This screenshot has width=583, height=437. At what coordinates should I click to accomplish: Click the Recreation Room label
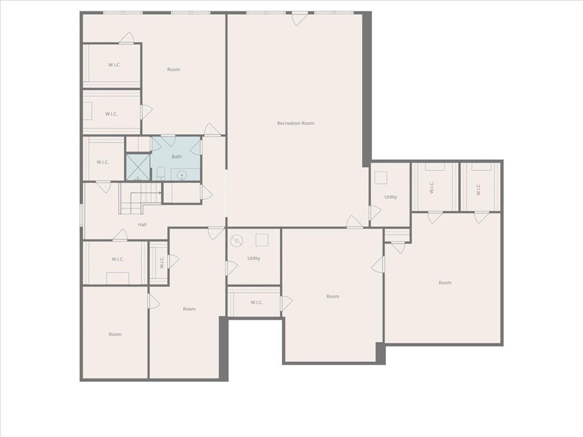pyautogui.click(x=295, y=123)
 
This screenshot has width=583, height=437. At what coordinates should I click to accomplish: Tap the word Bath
pyautogui.click(x=176, y=156)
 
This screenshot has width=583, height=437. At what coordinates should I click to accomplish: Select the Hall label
pyautogui.click(x=142, y=224)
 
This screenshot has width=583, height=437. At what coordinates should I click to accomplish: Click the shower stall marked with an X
pyautogui.click(x=138, y=167)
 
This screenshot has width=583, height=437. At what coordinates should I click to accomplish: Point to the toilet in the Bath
pyautogui.click(x=161, y=172)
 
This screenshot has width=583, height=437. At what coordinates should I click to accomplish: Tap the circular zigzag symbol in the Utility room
pyautogui.click(x=236, y=241)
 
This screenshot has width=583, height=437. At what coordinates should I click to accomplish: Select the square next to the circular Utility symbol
pyautogui.click(x=262, y=240)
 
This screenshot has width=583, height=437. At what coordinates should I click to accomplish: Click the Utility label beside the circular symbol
pyautogui.click(x=254, y=258)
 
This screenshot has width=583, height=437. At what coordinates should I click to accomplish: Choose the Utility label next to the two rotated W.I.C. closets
pyautogui.click(x=391, y=197)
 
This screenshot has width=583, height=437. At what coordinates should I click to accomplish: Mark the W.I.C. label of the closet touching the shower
pyautogui.click(x=102, y=162)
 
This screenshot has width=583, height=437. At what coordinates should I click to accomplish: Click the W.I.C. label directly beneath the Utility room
pyautogui.click(x=257, y=303)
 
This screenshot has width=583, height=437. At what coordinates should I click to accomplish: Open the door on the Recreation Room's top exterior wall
pyautogui.click(x=299, y=19)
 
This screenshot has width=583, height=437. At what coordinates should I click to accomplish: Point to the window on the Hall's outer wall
pyautogui.click(x=81, y=215)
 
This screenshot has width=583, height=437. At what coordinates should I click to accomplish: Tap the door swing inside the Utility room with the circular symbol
pyautogui.click(x=231, y=268)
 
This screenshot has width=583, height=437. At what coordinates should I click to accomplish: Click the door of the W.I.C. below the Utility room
pyautogui.click(x=286, y=303)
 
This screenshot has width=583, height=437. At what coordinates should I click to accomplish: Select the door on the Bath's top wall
pyautogui.click(x=168, y=141)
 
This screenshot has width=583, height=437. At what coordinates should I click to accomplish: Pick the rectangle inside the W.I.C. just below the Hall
pyautogui.click(x=118, y=278)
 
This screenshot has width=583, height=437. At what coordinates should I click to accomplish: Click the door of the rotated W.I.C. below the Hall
pyautogui.click(x=174, y=261)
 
